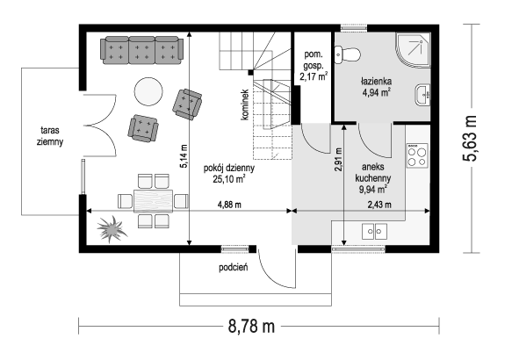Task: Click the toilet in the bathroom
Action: point(347,54)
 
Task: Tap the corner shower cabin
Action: point(414,50)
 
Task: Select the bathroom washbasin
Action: point(422,95)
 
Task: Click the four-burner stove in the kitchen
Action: point(417,156)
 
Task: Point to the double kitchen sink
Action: point(374,232)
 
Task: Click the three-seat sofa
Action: point(141,50)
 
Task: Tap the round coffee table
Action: point(148,91)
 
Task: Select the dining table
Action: point(153,201)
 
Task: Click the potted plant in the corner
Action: point(112,229)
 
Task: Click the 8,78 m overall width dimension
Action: point(251,326)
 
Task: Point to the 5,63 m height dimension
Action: point(470,138)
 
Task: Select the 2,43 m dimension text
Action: point(379,205)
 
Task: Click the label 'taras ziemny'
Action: point(50,136)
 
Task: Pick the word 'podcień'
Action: point(233,268)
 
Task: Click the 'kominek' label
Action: point(245,104)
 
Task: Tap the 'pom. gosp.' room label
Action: point(314,60)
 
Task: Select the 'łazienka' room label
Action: point(376,82)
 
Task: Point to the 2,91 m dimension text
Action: point(338,159)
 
